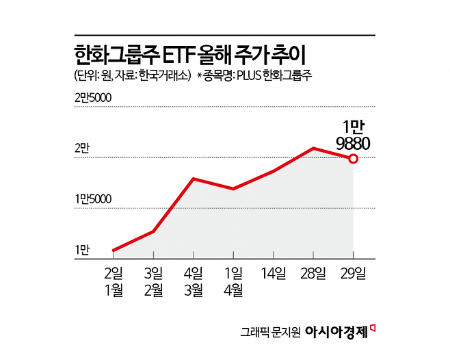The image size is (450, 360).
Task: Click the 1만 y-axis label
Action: click(x=82, y=250)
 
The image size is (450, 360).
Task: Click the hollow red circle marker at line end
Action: click(x=353, y=159)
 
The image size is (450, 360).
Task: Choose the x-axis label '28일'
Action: click(x=313, y=274)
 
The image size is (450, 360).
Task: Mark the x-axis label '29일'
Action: click(x=353, y=274)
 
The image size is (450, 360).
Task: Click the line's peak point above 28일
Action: click(x=313, y=148)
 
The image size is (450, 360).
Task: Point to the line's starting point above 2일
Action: click(x=114, y=250)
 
